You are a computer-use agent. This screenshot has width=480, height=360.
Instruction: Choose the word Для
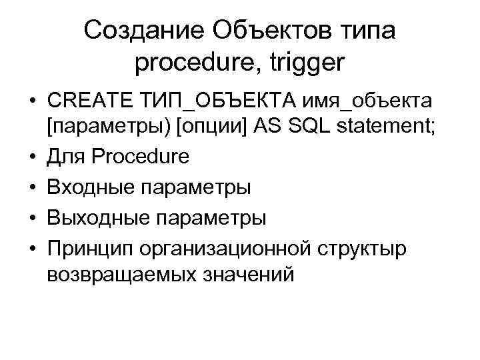coord(65,157)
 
